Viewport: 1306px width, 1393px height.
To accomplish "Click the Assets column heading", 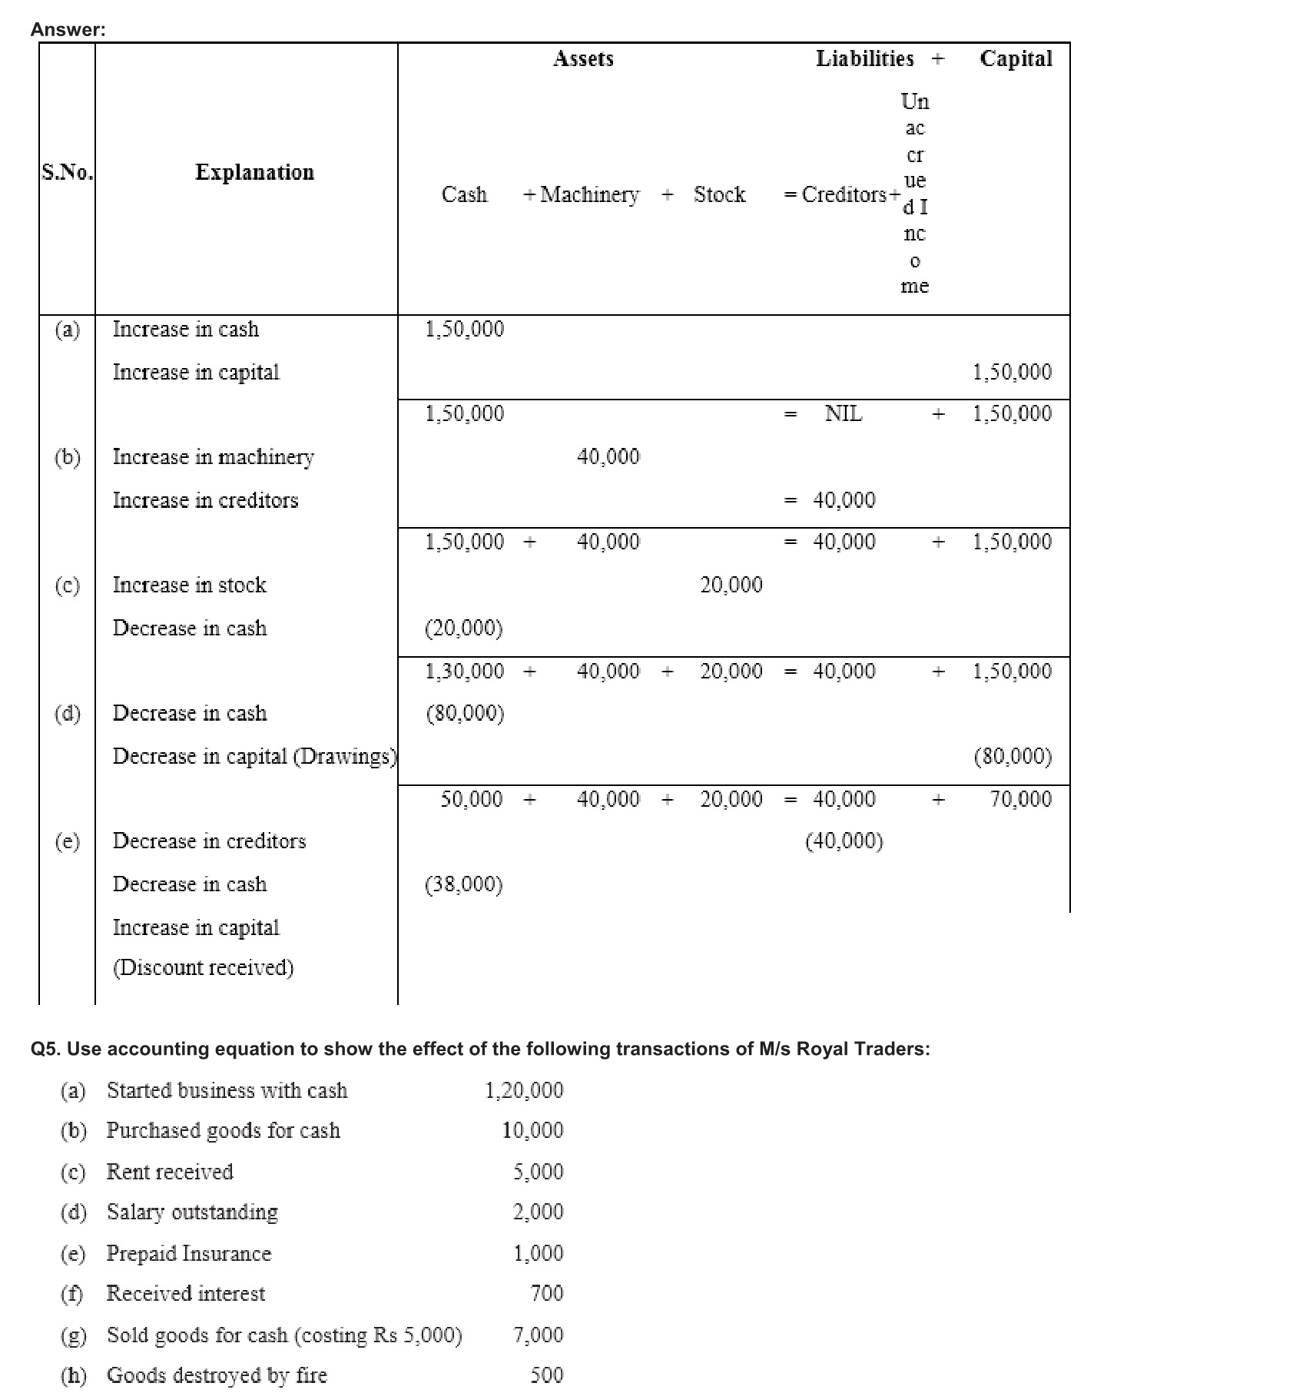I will click(x=583, y=59).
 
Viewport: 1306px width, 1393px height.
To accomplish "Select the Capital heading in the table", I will click(x=1016, y=59).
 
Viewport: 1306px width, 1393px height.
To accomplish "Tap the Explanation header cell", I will click(x=254, y=172).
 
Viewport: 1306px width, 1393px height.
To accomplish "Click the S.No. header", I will click(x=67, y=172).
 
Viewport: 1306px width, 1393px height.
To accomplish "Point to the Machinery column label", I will click(x=589, y=195).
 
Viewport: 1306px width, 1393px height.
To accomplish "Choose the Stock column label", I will click(x=719, y=195).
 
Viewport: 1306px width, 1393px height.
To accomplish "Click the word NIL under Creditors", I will click(x=844, y=414).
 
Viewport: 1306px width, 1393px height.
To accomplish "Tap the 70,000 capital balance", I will click(x=1020, y=800).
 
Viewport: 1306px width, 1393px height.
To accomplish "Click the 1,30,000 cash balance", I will click(x=465, y=672).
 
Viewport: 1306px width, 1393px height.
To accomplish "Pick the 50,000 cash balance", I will click(x=471, y=800).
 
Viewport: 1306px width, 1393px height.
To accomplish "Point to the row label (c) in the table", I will click(x=67, y=585).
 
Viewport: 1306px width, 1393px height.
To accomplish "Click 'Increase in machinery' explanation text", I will click(x=213, y=457).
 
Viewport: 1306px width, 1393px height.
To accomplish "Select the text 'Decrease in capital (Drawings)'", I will click(x=254, y=757).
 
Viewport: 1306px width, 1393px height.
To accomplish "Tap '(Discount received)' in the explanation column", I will click(x=204, y=967).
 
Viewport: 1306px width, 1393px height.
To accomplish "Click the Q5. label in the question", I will click(x=46, y=1050).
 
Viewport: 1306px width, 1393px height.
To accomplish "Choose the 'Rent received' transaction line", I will click(x=170, y=1172).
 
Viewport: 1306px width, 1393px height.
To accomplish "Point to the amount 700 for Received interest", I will click(x=546, y=1294).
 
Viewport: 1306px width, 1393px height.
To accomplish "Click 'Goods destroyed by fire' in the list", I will click(x=217, y=1375).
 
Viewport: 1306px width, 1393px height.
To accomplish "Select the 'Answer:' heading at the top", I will click(x=68, y=30).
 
